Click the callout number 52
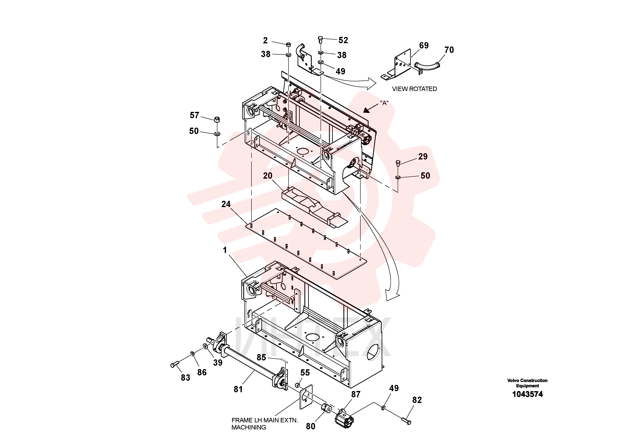343,40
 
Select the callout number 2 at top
265,40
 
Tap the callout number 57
194,115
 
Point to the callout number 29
423,157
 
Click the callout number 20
268,176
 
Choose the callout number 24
226,204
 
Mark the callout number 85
261,357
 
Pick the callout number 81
238,389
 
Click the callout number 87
356,394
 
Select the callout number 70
449,50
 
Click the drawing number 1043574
527,394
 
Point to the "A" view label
384,103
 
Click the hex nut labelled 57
217,119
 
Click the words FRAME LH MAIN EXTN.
265,420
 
